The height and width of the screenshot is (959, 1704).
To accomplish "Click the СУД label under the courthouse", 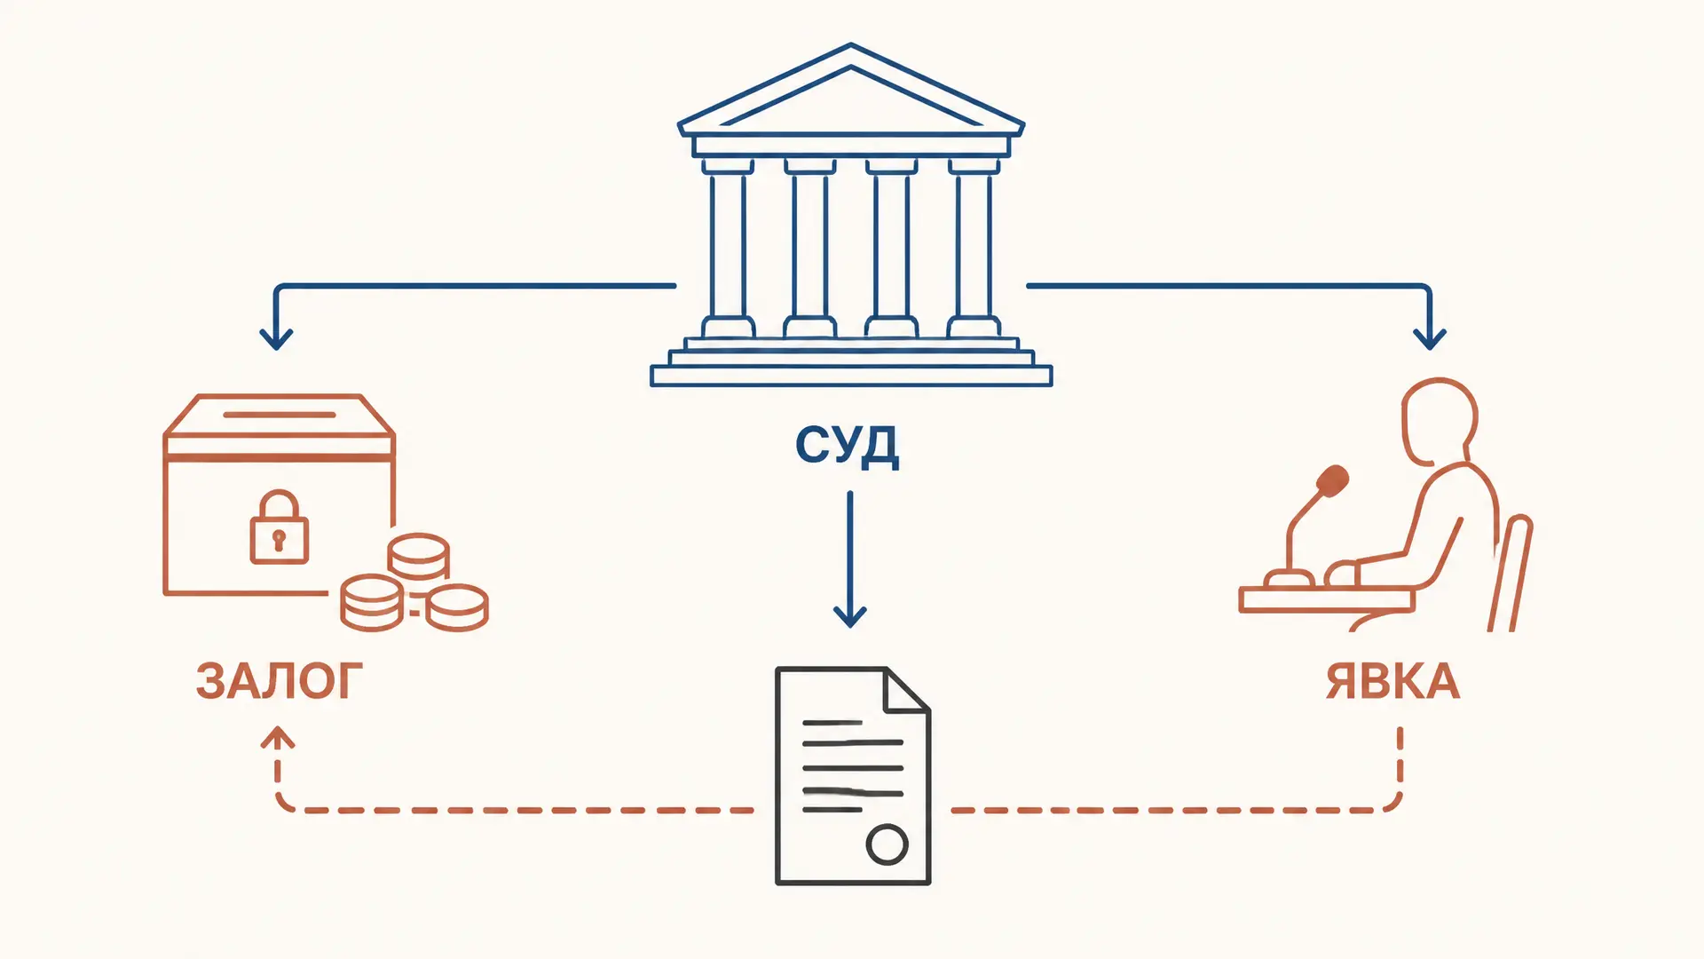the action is tap(847, 446).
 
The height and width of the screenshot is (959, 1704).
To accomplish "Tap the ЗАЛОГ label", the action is tap(280, 681).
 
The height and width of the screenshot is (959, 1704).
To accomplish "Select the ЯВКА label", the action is tap(1392, 681).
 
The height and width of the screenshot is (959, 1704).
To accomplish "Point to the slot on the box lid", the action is tap(280, 414).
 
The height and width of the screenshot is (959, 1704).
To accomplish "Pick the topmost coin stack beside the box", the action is tap(418, 557).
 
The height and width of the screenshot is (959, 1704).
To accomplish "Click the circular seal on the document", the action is tap(887, 844).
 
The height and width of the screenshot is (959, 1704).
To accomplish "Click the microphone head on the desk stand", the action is tap(1332, 481).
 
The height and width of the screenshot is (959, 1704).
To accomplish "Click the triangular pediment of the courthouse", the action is tap(850, 89).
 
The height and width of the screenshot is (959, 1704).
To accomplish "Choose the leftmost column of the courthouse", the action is tap(728, 248).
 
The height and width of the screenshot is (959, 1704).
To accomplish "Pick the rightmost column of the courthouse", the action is tap(974, 248).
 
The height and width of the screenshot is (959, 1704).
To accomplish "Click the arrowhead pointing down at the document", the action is tap(849, 615).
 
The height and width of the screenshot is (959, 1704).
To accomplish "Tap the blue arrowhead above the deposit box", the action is tap(276, 338).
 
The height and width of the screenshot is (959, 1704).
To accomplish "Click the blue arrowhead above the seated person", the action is tap(1429, 338).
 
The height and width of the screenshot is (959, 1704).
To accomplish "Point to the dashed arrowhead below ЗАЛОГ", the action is tap(278, 737).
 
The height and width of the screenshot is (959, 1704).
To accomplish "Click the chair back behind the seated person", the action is tap(1511, 573).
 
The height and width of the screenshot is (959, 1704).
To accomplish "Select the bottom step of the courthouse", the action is tap(851, 376).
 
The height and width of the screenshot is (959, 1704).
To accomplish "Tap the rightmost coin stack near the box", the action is tap(457, 607).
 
